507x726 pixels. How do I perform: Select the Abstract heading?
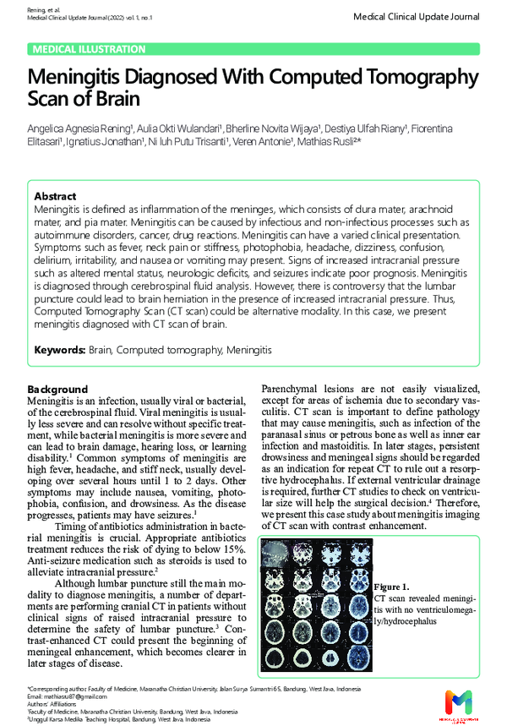[x=55, y=196]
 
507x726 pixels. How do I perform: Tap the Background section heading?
[x=57, y=389]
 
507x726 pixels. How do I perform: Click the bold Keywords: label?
[x=59, y=349]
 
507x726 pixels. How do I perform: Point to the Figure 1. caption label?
[x=391, y=587]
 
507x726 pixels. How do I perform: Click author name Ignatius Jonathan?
[x=105, y=142]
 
